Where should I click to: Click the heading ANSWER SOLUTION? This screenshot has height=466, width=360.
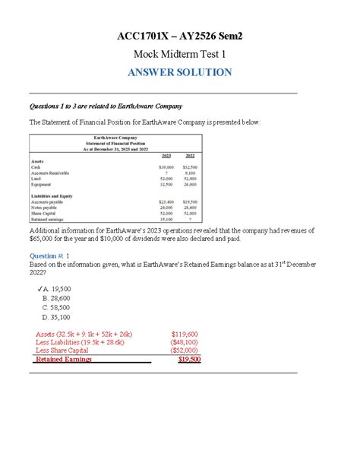pos(180,72)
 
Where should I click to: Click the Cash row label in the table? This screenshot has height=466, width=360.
pos(37,166)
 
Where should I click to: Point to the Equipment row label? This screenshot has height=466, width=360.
pos(43,185)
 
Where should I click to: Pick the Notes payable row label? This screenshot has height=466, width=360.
pos(44,208)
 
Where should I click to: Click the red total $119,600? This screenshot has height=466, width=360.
pos(186,333)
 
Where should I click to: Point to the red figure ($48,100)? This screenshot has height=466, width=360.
pos(185,342)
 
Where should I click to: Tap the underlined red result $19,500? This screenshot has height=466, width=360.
pos(188,360)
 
